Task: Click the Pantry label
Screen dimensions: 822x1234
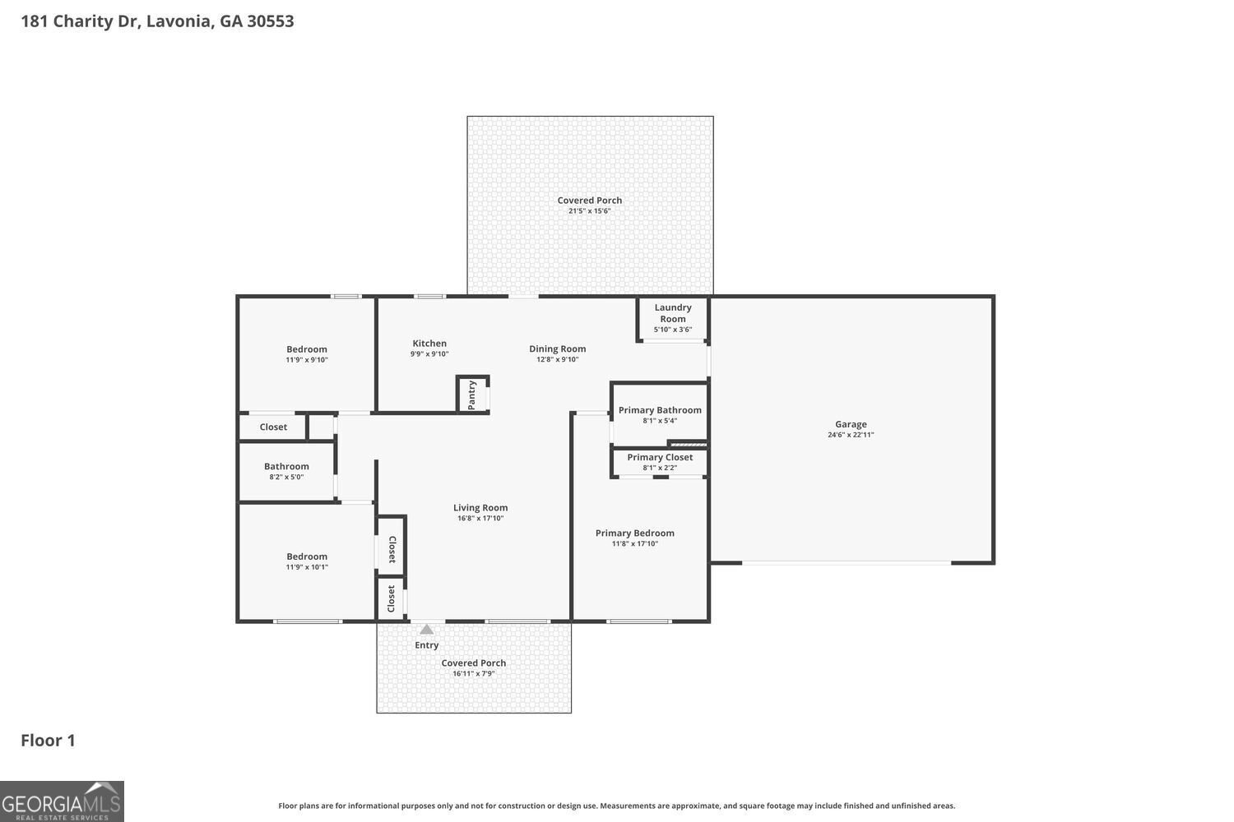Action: click(x=471, y=395)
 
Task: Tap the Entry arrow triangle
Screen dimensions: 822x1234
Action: click(x=426, y=630)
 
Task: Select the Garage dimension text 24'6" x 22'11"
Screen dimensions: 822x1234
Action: click(x=851, y=435)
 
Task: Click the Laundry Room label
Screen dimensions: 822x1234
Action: click(x=673, y=313)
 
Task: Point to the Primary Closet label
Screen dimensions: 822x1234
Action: click(x=660, y=457)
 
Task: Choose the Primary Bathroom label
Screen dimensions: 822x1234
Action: click(x=660, y=410)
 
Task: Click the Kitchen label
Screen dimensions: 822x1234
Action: click(x=429, y=344)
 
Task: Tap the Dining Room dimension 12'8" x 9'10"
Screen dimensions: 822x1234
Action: click(x=558, y=359)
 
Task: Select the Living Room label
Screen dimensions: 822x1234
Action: click(x=480, y=508)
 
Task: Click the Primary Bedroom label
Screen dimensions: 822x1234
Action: click(x=635, y=533)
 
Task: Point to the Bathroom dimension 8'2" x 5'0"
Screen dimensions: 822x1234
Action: click(x=286, y=477)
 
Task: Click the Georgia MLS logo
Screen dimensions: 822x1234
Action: click(x=62, y=801)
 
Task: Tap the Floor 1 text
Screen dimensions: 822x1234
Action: click(x=48, y=741)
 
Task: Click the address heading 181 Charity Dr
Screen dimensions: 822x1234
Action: click(x=157, y=21)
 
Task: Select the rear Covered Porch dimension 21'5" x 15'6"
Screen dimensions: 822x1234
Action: click(x=590, y=211)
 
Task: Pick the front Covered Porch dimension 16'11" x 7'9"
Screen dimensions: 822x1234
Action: click(x=474, y=674)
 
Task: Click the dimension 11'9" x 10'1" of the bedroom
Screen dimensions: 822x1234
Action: click(x=307, y=567)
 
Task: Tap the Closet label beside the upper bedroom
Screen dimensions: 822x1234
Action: click(x=273, y=427)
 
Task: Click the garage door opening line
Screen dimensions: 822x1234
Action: click(x=847, y=563)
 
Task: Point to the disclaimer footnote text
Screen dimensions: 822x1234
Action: click(x=617, y=806)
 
